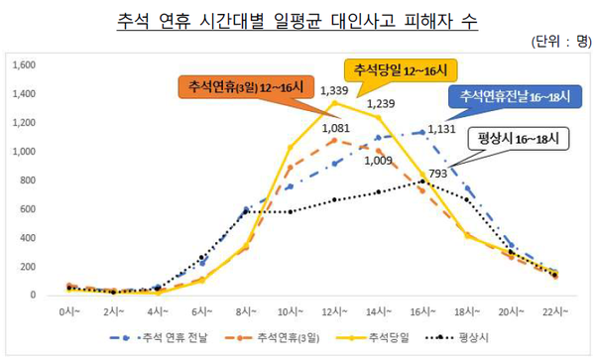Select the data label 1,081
[336, 128]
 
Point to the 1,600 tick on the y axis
[24, 65]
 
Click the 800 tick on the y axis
[29, 180]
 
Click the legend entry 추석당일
[381, 339]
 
